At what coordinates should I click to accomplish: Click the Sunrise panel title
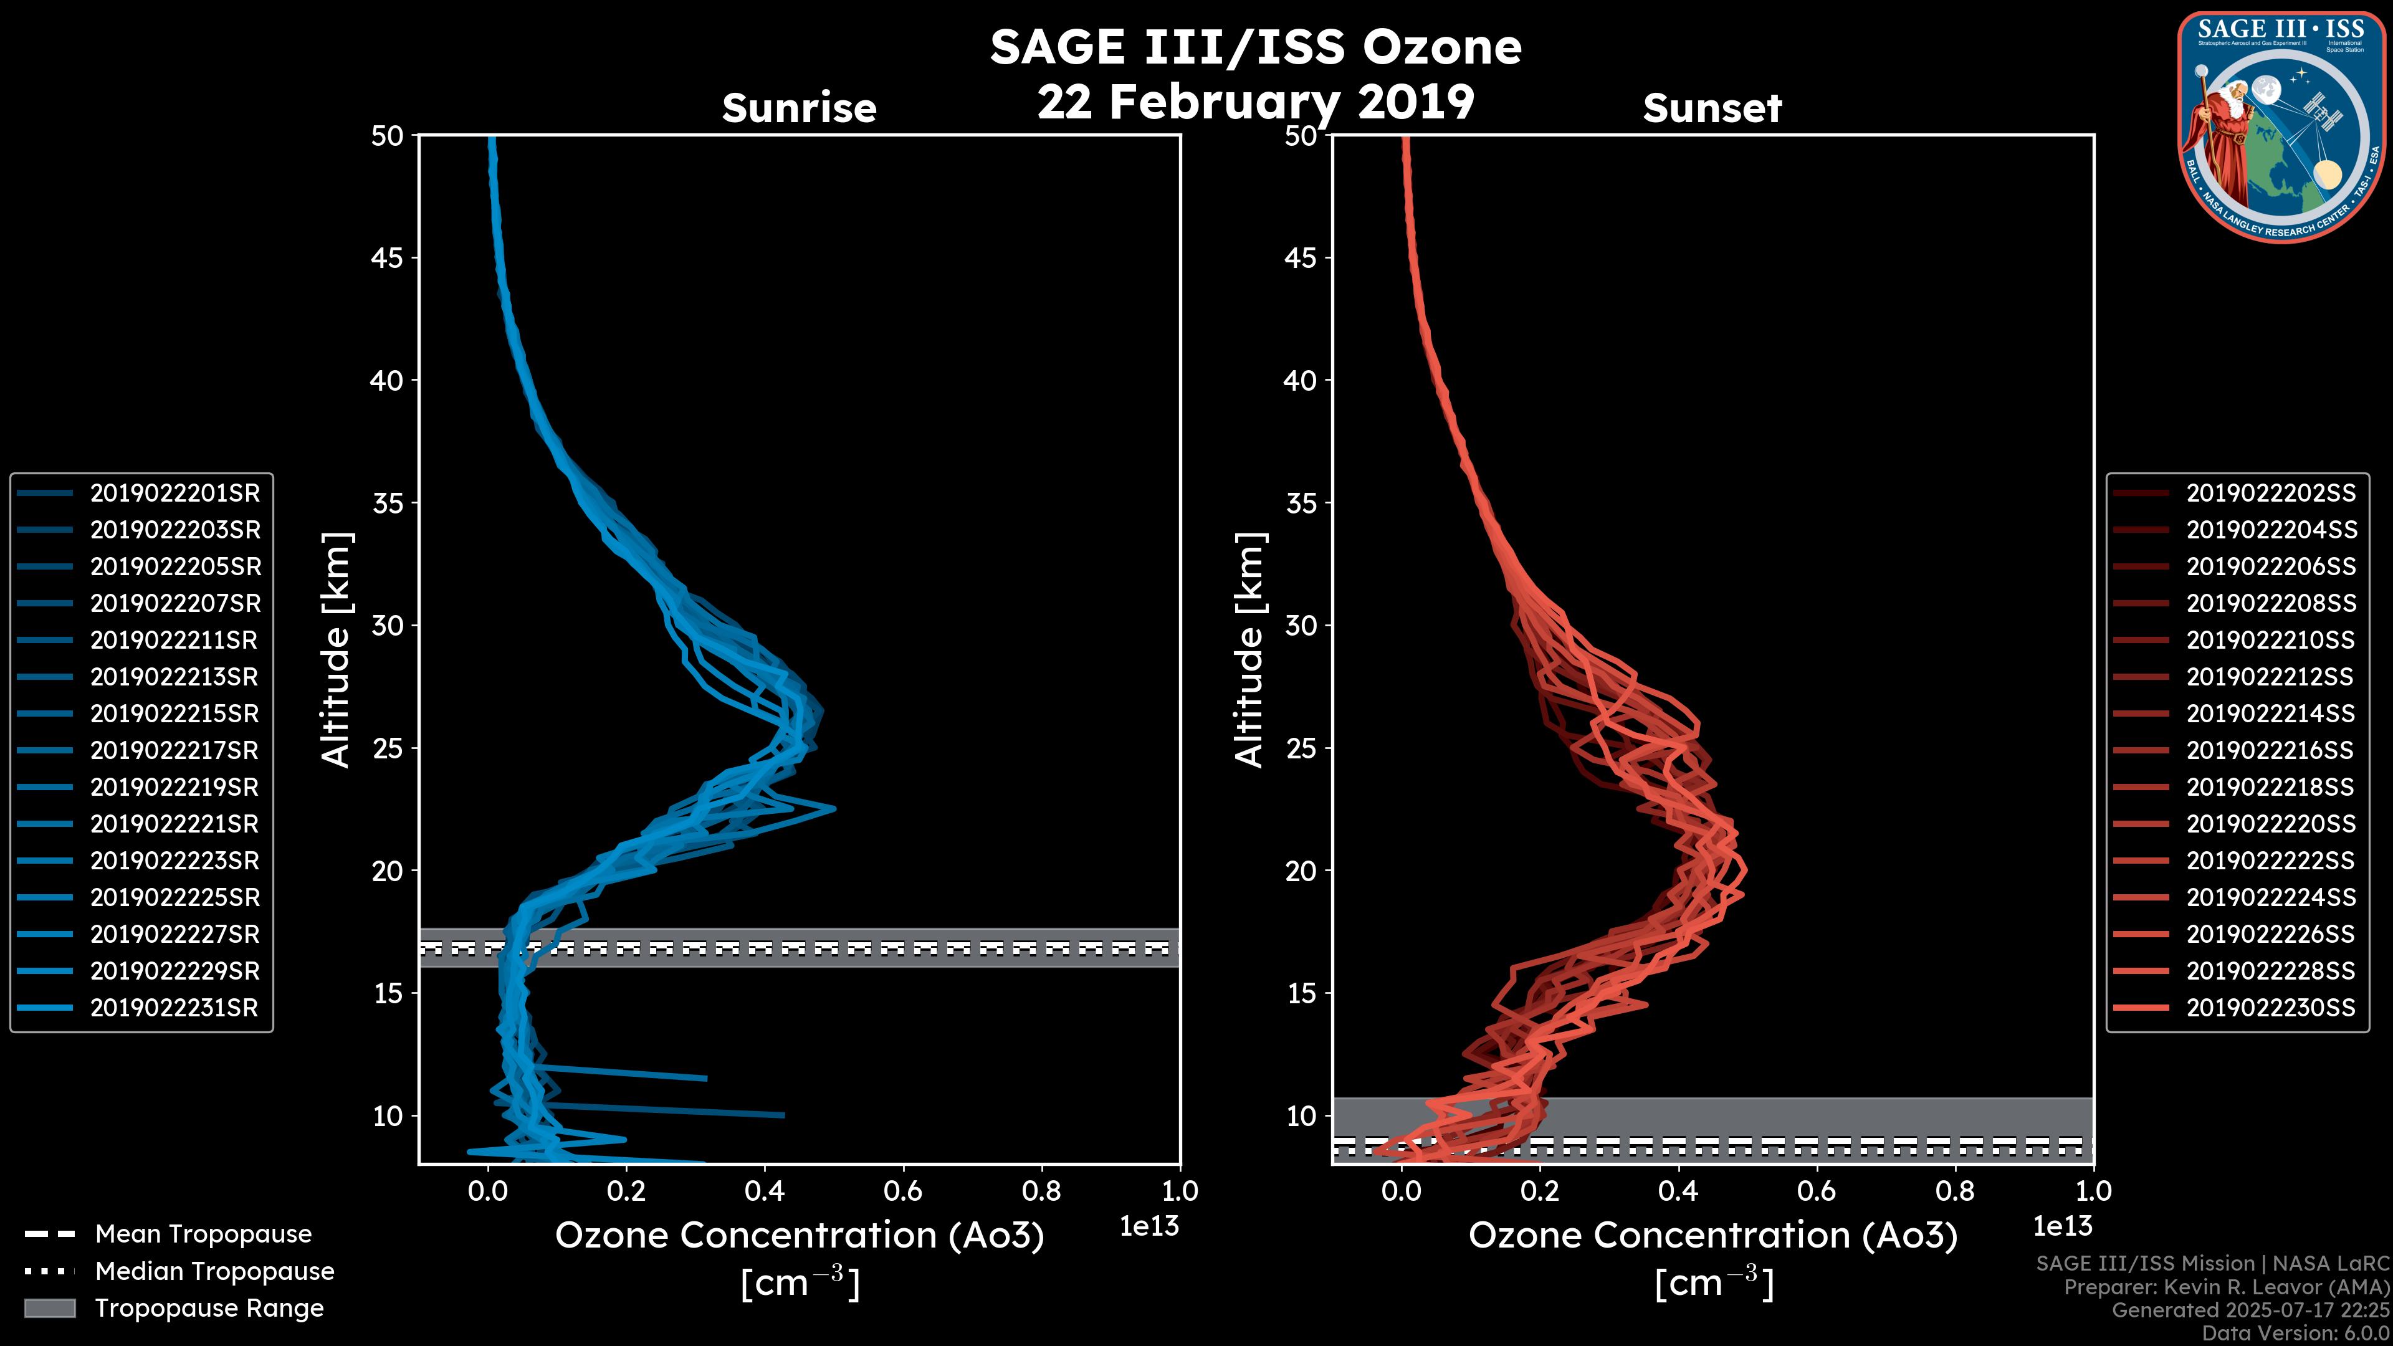pos(799,108)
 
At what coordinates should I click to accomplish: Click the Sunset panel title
pos(1712,108)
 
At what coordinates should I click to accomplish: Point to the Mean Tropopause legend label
pos(203,1234)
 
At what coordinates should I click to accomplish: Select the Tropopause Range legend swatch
pos(49,1308)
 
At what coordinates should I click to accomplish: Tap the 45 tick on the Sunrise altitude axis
pos(386,257)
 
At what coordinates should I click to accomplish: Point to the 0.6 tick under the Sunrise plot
pos(903,1191)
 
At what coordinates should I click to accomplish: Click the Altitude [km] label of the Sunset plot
pos(1249,650)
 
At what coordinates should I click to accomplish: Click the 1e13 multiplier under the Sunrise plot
pos(1148,1226)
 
